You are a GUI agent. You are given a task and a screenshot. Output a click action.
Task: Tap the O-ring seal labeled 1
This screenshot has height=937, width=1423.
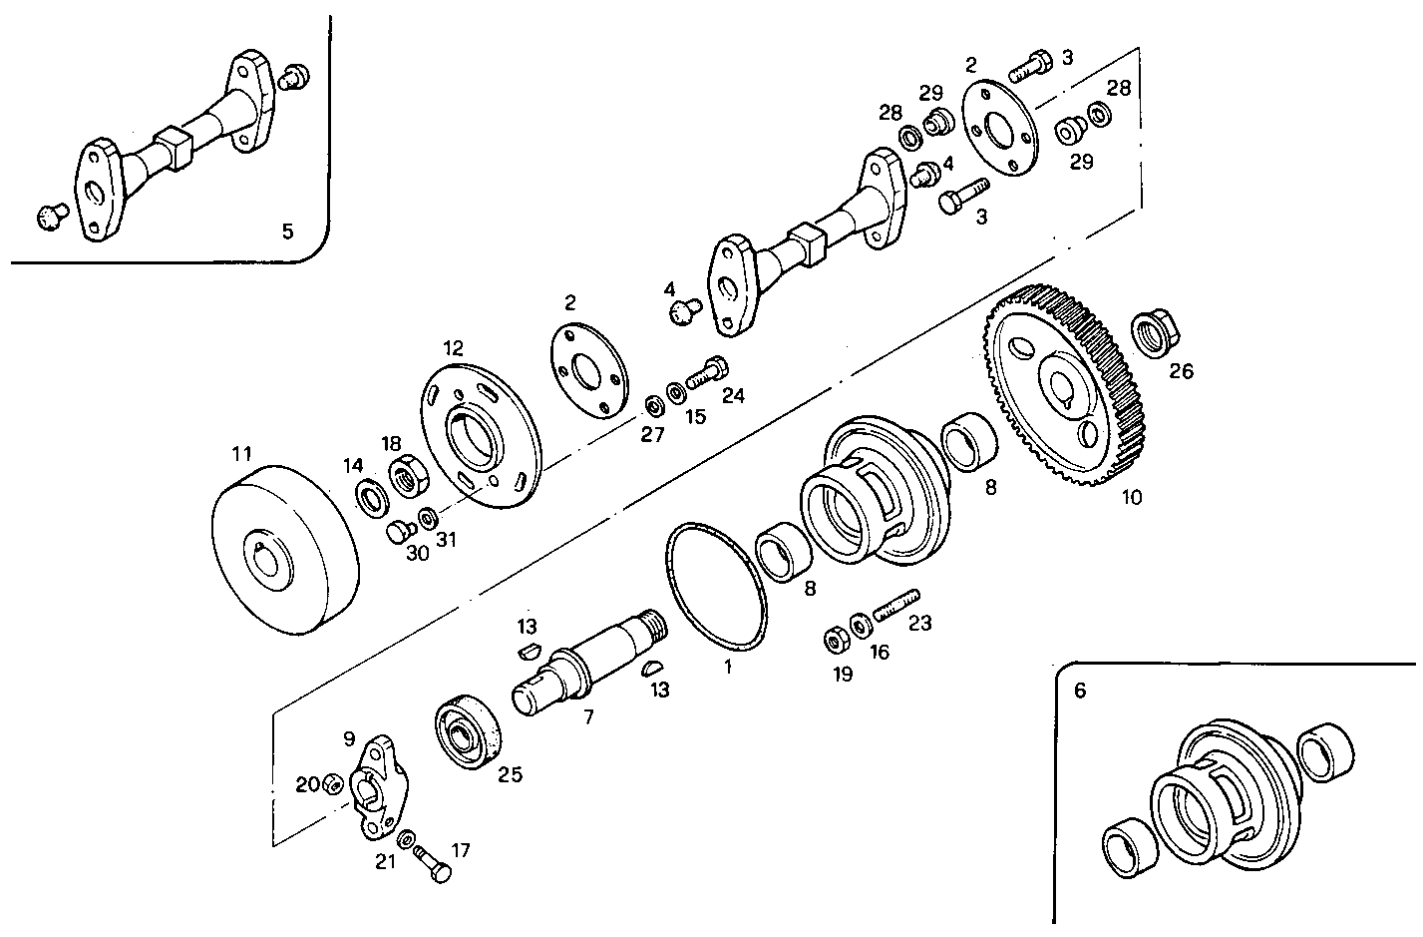(716, 586)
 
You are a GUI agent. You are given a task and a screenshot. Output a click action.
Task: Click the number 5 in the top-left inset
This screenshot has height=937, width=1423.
(287, 232)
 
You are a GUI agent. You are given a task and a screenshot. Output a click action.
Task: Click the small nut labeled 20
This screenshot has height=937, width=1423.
(335, 783)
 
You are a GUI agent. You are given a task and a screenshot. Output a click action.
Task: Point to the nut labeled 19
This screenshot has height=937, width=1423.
(834, 639)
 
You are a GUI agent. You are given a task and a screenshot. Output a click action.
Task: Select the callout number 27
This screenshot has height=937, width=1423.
(652, 435)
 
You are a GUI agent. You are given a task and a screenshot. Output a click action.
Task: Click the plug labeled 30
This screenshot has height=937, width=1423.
(400, 529)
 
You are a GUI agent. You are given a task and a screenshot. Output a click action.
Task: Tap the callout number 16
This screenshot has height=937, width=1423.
(879, 653)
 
